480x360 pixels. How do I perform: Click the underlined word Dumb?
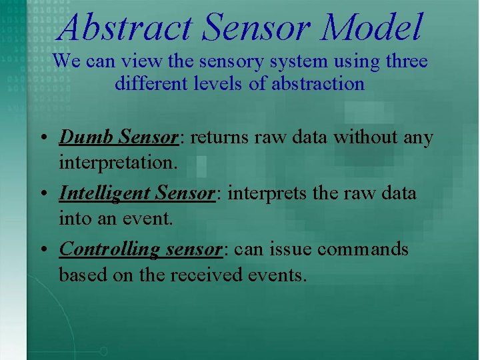pos(86,137)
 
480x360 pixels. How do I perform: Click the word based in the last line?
pos(78,274)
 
